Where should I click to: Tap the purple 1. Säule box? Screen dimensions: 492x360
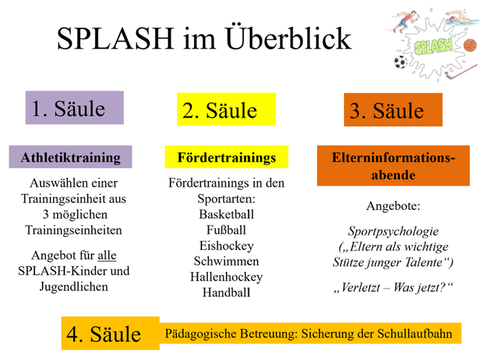(74, 107)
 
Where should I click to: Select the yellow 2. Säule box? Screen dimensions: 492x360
(226, 109)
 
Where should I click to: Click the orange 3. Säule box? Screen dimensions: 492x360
(393, 109)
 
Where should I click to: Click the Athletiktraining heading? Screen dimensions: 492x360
(70, 157)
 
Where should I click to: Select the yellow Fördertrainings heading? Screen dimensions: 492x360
(226, 157)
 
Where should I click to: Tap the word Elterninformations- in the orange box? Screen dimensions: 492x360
(393, 157)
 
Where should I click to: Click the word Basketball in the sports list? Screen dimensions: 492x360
(226, 214)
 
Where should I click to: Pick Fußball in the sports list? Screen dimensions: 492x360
(226, 230)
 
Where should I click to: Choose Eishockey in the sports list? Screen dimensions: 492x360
(226, 246)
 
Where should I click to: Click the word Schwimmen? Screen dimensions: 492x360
(226, 261)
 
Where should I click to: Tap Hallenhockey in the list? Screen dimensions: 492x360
(226, 277)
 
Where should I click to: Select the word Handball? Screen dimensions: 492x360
(226, 292)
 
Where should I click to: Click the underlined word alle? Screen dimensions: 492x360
(107, 255)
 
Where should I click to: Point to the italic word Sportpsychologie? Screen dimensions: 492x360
(393, 231)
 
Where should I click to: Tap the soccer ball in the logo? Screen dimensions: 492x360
(401, 62)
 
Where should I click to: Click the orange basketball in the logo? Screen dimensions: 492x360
(470, 45)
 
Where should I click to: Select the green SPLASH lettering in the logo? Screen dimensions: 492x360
(433, 47)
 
